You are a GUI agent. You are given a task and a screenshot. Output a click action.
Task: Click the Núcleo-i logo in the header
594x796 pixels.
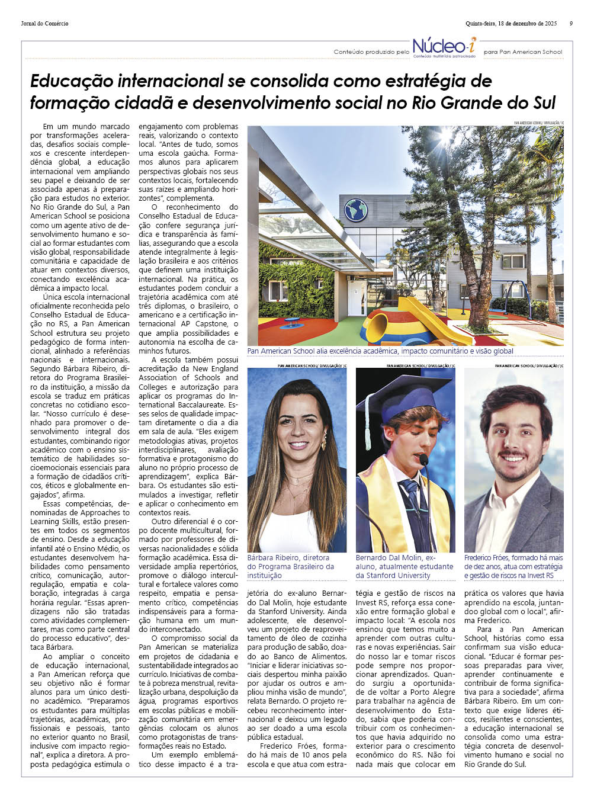444,47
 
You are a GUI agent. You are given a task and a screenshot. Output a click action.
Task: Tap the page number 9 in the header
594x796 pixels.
571,24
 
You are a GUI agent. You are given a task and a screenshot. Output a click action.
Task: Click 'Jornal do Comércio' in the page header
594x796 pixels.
44,24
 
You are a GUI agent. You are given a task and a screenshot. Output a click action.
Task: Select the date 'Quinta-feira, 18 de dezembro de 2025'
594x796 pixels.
511,24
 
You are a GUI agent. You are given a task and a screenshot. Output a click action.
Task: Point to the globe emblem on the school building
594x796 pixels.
356,210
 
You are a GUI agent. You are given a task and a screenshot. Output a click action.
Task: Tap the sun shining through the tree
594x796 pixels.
445,137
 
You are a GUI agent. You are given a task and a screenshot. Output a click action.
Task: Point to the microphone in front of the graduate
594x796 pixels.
423,460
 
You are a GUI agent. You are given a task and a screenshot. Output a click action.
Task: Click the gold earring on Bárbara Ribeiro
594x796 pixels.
324,441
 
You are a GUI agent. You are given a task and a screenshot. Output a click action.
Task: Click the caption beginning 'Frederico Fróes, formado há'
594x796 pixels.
513,566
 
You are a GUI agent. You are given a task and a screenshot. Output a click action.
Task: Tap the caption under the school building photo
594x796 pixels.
380,351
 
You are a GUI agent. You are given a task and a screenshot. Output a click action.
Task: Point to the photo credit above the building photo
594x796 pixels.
538,123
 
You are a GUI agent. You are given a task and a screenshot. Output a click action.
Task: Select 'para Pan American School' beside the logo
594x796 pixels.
523,52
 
